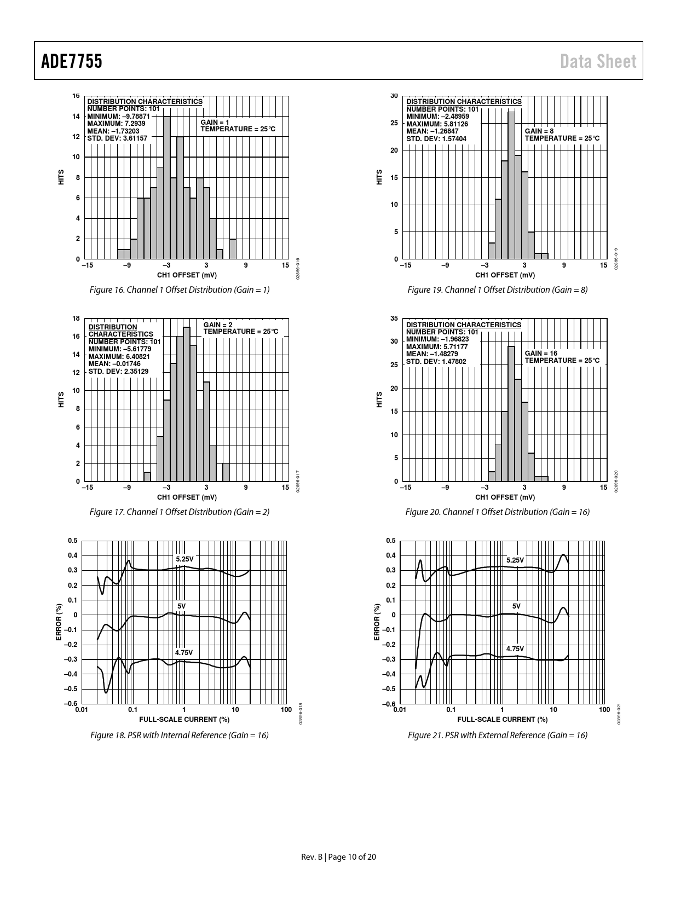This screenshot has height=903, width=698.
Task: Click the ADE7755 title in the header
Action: (x=72, y=61)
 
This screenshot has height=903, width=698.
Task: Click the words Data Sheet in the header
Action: (x=598, y=61)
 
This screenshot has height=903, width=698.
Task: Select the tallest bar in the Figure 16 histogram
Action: (x=167, y=187)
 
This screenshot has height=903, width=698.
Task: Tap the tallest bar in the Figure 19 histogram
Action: (x=511, y=185)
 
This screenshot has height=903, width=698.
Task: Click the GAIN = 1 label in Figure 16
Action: (x=215, y=122)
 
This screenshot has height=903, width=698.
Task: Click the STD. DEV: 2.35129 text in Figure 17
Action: (x=118, y=371)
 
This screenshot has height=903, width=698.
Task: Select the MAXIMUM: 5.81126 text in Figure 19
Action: (x=437, y=124)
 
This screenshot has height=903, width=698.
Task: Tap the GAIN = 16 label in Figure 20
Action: (x=541, y=354)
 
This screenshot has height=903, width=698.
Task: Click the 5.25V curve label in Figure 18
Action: (x=184, y=559)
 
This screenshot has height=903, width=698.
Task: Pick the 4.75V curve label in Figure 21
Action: (x=515, y=649)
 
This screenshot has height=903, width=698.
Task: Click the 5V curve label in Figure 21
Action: (x=516, y=606)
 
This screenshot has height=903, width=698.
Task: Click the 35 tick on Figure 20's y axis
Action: (x=394, y=319)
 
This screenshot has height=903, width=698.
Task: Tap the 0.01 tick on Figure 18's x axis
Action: (x=82, y=710)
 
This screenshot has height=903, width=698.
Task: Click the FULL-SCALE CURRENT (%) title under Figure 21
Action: (x=502, y=719)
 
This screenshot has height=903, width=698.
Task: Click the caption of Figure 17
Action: (x=180, y=512)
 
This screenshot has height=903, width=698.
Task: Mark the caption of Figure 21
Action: (x=497, y=735)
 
